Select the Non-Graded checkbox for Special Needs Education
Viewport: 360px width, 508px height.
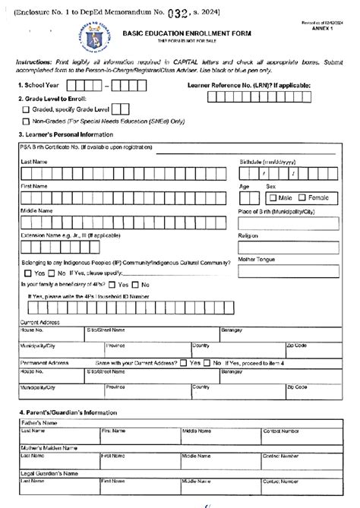(27, 121)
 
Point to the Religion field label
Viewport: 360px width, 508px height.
(249, 236)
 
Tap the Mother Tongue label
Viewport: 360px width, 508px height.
(257, 260)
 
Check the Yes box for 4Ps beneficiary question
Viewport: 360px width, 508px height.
(112, 284)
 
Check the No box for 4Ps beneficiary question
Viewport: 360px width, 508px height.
(136, 284)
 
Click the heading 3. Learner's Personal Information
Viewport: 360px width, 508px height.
(65, 134)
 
